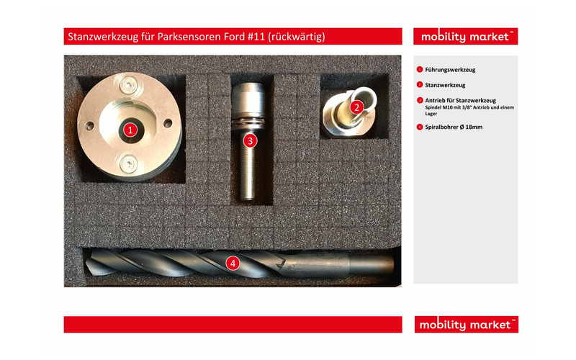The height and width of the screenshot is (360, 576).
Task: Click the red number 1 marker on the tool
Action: tap(130, 130)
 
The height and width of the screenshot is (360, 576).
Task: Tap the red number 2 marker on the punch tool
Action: tap(356, 107)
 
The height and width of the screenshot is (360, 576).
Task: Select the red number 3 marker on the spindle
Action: tap(249, 140)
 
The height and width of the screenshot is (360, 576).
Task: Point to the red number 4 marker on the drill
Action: tap(233, 263)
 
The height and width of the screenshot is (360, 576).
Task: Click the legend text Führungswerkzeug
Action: tap(450, 70)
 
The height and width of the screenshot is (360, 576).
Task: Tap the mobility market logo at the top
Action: tap(465, 36)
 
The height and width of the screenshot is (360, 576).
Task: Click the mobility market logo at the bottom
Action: tap(465, 325)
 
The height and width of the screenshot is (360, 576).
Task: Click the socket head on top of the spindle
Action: tap(249, 93)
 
